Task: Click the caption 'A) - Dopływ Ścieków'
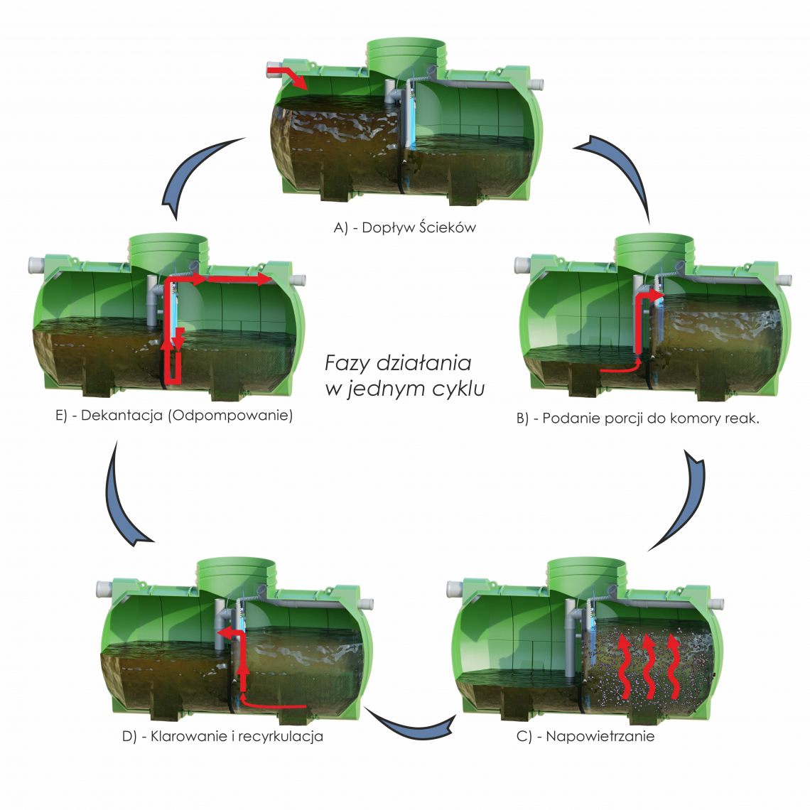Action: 404,228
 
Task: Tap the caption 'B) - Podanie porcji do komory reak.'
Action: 637,418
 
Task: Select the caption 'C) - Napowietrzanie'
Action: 585,736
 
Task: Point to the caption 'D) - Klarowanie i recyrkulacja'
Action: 222,736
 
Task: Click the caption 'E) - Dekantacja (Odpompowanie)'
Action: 174,416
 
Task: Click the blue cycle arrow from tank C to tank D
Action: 412,723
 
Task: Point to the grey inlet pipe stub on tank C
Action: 454,588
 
